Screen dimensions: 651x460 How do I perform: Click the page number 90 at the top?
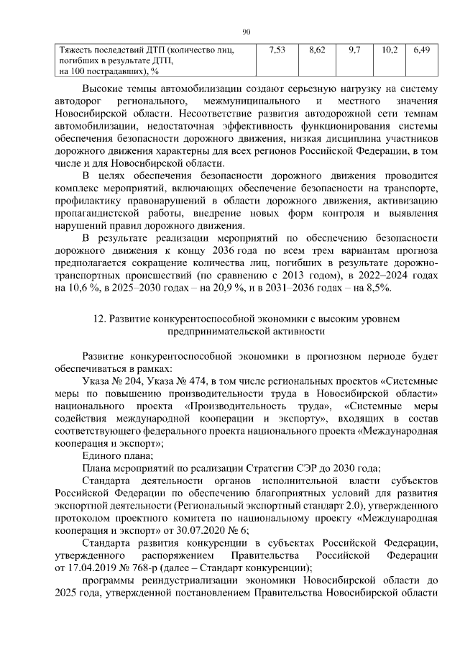pyautogui.click(x=245, y=31)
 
